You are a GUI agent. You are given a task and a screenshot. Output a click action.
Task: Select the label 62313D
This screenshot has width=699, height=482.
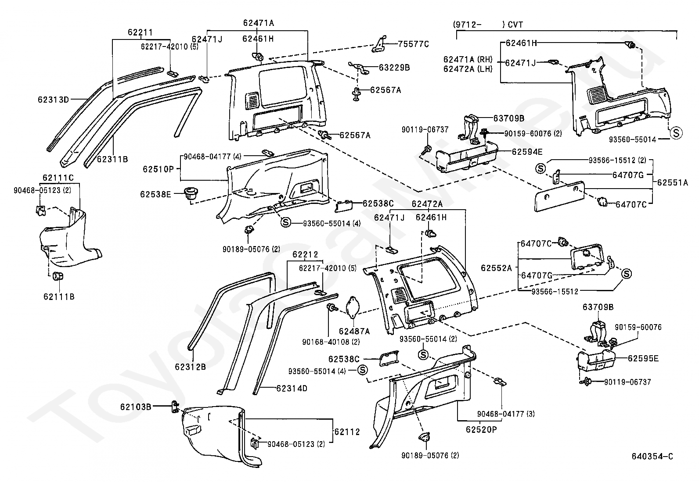pos(54,100)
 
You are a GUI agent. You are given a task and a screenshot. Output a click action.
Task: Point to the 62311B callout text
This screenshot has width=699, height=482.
pos(112,159)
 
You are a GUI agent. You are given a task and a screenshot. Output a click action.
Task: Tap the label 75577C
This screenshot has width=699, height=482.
pos(413,44)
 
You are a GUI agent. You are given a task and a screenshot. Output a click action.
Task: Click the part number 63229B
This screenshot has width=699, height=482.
pos(394,68)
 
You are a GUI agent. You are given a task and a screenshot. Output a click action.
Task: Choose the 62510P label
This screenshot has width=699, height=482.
pos(158,169)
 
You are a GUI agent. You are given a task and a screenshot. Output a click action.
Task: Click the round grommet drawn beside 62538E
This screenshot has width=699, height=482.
pos(190,193)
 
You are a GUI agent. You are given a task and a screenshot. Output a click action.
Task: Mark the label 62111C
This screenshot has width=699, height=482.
pos(58,178)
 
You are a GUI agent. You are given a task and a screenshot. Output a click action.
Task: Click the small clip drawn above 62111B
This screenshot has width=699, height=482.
pos(58,277)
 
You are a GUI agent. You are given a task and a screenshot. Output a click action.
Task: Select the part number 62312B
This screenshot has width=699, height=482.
pos(190,367)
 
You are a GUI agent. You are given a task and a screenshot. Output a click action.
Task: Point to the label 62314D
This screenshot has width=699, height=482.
pos(292,388)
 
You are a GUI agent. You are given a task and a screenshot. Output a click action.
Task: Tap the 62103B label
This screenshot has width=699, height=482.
pos(136,407)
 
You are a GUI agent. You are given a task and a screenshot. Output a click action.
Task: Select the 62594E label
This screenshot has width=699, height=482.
pos(527,152)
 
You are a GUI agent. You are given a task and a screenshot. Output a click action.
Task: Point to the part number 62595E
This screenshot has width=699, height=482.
pos(643,358)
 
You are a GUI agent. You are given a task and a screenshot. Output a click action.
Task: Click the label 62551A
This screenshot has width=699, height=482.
pos(673,183)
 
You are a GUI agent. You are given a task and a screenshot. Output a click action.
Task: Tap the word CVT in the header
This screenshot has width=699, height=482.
pos(516,25)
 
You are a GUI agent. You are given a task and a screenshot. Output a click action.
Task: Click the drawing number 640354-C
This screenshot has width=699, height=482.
pos(652,457)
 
